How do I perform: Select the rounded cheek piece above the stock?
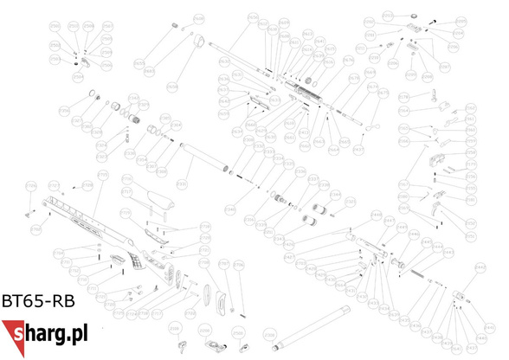coord(157,199)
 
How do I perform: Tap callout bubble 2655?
coord(139,63)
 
